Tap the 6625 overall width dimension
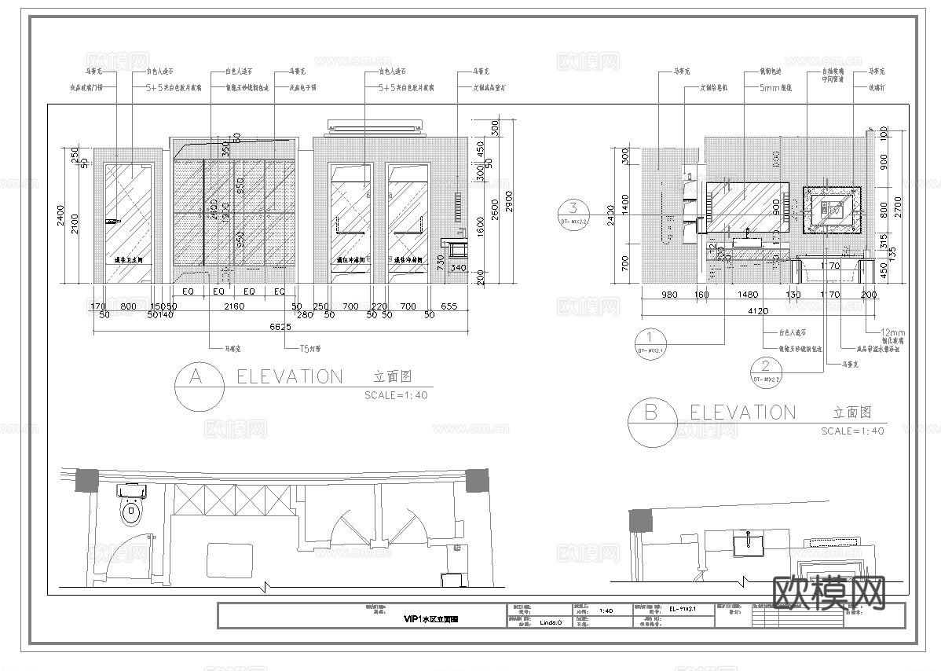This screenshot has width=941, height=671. tap(280, 327)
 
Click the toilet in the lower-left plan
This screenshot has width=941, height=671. tap(132, 511)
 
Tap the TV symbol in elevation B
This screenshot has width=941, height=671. tap(830, 209)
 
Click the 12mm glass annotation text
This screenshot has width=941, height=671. tap(892, 332)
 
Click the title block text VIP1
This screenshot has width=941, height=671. tap(430, 619)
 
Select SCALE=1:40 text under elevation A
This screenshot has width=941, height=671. tap(396, 395)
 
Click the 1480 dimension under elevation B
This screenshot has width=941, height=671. tap(749, 295)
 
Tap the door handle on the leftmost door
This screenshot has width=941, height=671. tap(112, 222)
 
